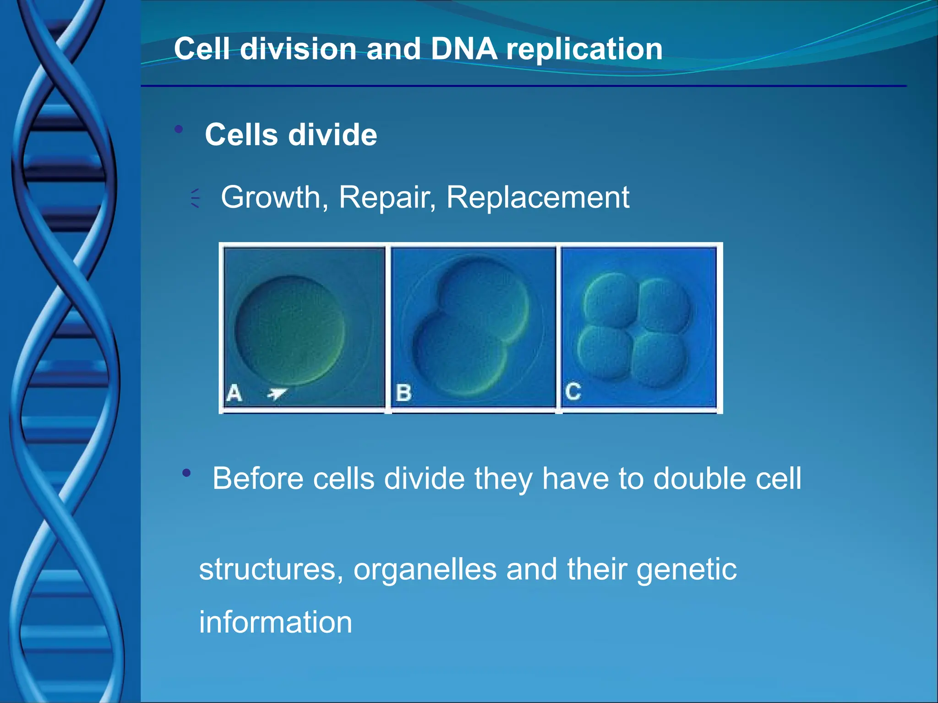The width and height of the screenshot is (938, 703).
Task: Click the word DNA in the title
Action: (x=464, y=49)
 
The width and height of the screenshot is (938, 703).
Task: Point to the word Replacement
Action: (x=538, y=198)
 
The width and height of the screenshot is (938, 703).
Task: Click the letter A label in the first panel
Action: (x=234, y=393)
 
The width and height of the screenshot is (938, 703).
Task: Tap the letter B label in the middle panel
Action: (x=404, y=393)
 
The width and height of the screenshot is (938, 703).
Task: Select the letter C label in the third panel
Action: (x=573, y=392)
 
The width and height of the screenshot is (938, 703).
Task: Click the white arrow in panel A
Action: (x=277, y=393)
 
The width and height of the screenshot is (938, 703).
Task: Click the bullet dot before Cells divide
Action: (x=179, y=130)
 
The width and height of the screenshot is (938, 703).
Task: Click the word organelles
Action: (x=425, y=569)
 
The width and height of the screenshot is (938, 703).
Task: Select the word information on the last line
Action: (x=275, y=622)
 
